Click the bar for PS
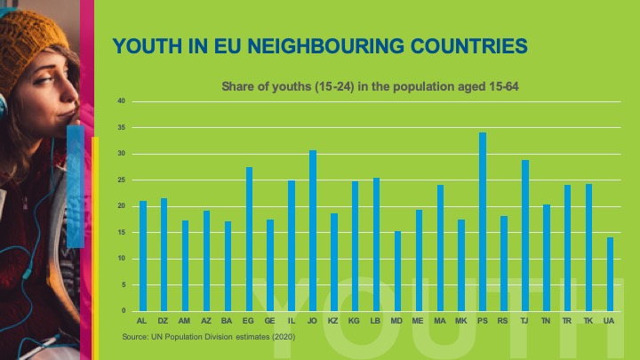click(483, 222)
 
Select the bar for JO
click(313, 231)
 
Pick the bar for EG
click(249, 239)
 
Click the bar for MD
click(397, 271)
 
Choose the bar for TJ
click(524, 236)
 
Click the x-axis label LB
click(376, 320)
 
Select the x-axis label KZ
click(334, 320)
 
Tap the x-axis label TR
click(567, 320)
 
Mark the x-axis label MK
click(461, 320)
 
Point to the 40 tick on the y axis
click(121, 101)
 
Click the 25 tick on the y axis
click(121, 180)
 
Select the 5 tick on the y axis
click(123, 284)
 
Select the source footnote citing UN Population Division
click(208, 337)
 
